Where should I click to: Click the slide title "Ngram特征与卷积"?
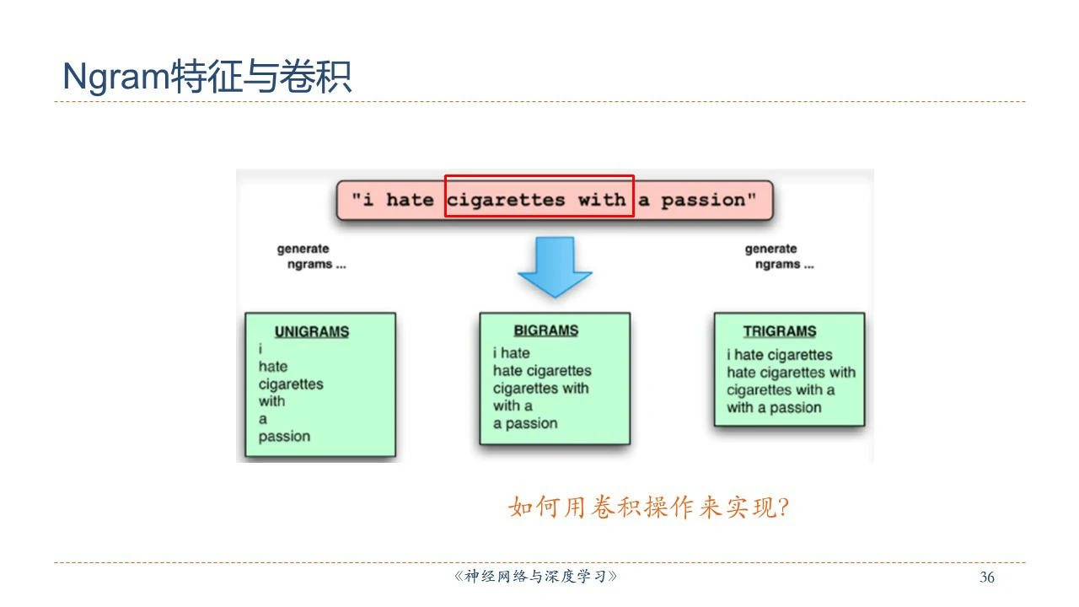click(x=207, y=78)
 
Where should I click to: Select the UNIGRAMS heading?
click(x=311, y=332)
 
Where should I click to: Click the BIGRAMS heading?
click(x=546, y=330)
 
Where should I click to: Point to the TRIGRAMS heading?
click(x=780, y=331)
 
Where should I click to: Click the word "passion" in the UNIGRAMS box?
click(x=284, y=437)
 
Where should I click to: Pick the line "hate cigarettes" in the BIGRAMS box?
click(x=542, y=371)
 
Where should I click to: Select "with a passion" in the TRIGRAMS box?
click(x=774, y=408)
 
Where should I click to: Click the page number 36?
click(x=987, y=577)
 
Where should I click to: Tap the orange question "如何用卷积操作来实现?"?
click(x=649, y=508)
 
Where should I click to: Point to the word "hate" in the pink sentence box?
click(x=410, y=201)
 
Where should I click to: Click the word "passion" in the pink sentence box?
click(x=703, y=201)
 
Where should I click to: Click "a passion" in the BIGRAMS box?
click(x=525, y=423)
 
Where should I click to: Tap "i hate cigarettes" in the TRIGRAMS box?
click(x=779, y=355)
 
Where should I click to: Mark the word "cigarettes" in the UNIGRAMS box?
click(x=291, y=384)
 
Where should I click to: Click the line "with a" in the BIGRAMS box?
click(x=513, y=406)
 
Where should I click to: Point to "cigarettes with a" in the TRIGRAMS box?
click(x=781, y=390)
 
